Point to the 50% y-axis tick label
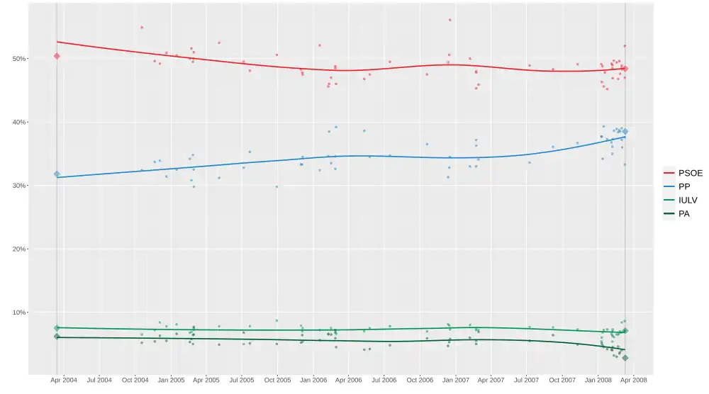(x=18, y=58)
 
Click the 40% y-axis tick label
(x=18, y=122)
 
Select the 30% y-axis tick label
(x=18, y=186)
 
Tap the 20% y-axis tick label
(x=18, y=249)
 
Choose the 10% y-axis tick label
(x=18, y=313)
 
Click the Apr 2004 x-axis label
(x=63, y=381)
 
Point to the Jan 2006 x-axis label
(x=313, y=381)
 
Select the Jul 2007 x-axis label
(x=527, y=381)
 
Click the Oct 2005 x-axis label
(x=277, y=381)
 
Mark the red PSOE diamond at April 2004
(x=57, y=56)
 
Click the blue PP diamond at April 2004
(x=57, y=174)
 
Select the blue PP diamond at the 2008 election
(x=625, y=132)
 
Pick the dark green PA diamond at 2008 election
(x=625, y=358)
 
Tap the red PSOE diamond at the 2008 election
(x=625, y=69)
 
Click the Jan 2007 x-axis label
(x=456, y=381)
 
